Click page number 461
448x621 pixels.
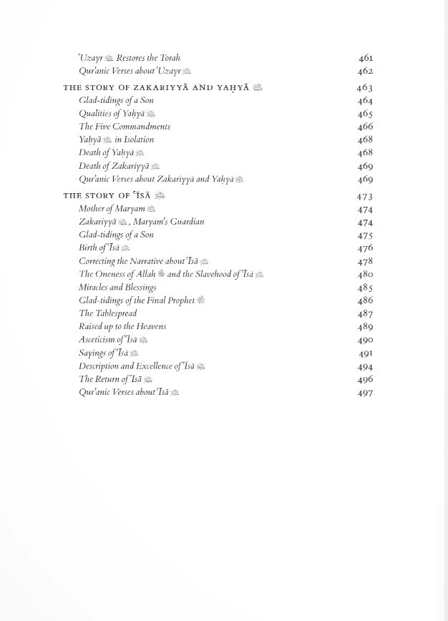point(365,58)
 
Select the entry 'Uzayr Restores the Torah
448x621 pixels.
point(130,58)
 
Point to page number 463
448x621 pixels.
point(365,87)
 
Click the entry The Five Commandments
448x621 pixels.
point(125,127)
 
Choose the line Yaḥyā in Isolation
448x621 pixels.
point(116,140)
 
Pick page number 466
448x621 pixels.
point(365,127)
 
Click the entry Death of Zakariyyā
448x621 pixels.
point(119,166)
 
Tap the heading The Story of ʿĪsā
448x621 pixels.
point(114,195)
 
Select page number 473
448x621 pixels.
point(365,196)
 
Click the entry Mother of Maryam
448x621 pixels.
point(117,209)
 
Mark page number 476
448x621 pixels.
point(365,248)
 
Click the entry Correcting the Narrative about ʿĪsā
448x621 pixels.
point(143,261)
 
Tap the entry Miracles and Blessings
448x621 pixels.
point(117,288)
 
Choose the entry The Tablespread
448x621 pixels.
point(107,313)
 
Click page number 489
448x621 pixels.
point(365,327)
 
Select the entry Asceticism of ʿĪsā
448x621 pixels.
point(113,340)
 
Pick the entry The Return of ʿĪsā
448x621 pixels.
point(115,379)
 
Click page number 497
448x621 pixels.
point(365,393)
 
